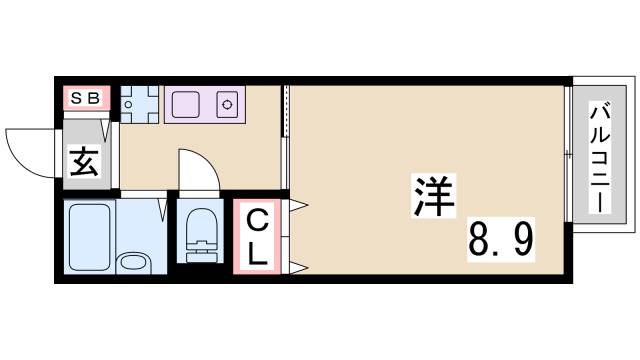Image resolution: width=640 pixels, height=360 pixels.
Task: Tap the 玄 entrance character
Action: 84,161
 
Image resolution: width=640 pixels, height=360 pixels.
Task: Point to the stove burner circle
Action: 227,103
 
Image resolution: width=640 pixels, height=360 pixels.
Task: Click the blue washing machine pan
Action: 139,103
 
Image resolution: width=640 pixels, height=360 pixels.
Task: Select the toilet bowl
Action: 200,236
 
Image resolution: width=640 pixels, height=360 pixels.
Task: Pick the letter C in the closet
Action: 257,219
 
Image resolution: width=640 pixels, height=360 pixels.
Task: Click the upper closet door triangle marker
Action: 297,207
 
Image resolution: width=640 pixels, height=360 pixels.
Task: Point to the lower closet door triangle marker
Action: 297,266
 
